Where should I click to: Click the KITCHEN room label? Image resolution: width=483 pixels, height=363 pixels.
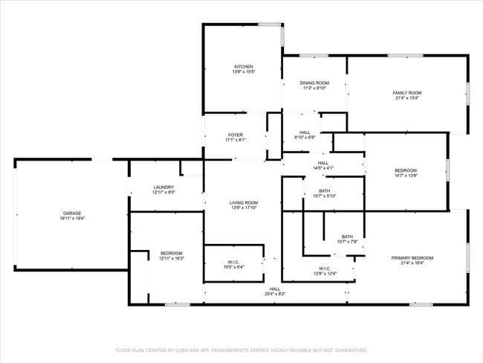point(244,67)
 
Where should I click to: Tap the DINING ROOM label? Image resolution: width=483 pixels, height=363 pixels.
point(314,83)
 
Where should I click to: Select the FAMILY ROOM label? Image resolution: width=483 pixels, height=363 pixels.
point(407,93)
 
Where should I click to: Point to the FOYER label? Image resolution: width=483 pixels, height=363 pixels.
point(236,135)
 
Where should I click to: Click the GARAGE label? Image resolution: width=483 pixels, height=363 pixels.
point(72,213)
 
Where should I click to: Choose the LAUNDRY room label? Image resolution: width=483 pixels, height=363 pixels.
point(163,187)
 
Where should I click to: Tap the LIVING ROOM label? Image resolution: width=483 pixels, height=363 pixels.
point(244,202)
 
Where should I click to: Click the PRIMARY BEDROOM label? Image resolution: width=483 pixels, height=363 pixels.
point(412,258)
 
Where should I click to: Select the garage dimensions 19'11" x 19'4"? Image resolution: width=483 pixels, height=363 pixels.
point(72,219)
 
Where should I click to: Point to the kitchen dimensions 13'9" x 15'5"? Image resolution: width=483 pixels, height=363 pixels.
point(244,71)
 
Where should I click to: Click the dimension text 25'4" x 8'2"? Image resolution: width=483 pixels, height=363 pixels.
point(275,294)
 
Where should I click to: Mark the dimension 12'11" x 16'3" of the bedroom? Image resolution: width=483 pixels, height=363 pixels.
point(172,258)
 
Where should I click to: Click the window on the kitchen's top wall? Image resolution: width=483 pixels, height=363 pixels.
point(269,25)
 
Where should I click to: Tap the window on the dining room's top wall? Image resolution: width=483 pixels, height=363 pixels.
point(314,56)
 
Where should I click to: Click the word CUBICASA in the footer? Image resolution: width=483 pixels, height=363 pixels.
point(187,350)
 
